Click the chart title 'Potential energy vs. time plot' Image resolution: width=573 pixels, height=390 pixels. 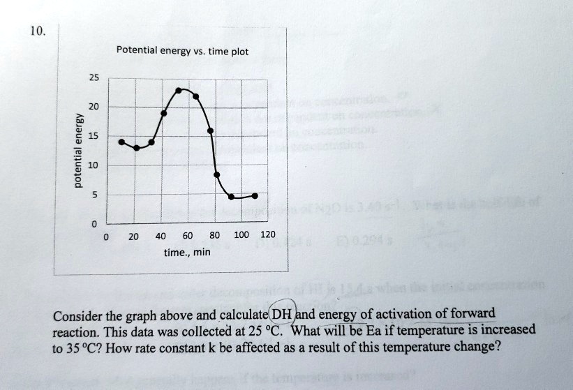tap(178, 51)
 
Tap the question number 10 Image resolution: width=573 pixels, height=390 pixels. tap(38, 30)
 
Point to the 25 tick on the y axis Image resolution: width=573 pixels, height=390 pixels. tap(93, 77)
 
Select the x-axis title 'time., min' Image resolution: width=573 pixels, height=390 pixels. tap(188, 252)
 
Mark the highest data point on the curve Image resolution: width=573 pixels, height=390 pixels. tap(179, 91)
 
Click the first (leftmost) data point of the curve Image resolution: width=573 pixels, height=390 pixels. tap(121, 142)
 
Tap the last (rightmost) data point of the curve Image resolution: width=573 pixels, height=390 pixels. tap(255, 195)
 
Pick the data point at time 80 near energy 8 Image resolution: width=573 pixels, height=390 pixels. tap(216, 174)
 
